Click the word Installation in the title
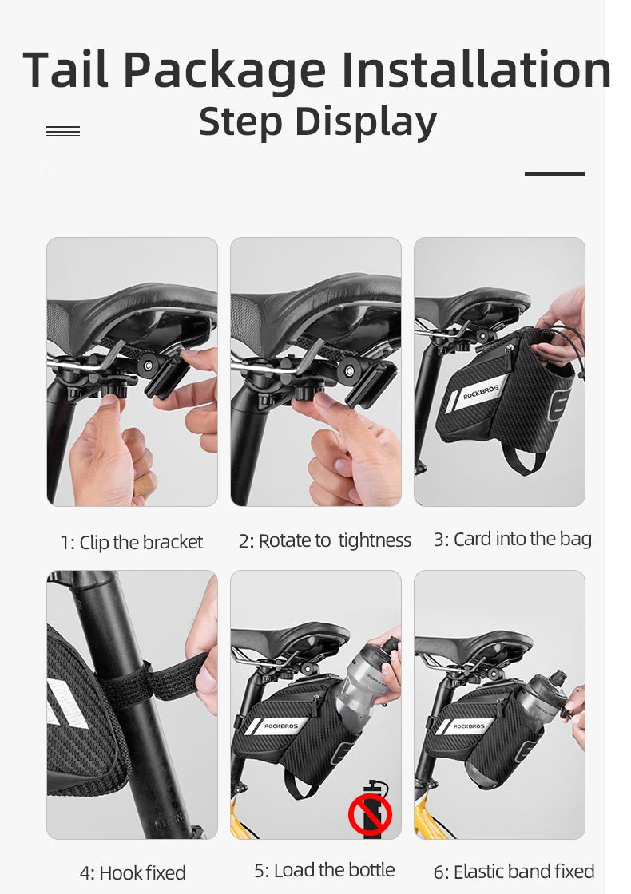click(476, 69)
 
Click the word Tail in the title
click(65, 69)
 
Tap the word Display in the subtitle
click(366, 123)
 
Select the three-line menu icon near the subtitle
click(63, 132)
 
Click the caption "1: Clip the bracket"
click(132, 542)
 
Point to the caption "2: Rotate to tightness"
click(324, 540)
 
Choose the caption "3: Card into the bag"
click(512, 539)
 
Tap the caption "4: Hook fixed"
click(133, 873)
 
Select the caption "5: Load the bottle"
click(324, 871)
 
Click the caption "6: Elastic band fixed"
click(514, 872)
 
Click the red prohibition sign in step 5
click(370, 813)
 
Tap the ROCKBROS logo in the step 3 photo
click(480, 392)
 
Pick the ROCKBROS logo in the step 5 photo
click(280, 726)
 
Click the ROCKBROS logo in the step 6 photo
click(468, 726)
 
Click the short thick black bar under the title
click(554, 174)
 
